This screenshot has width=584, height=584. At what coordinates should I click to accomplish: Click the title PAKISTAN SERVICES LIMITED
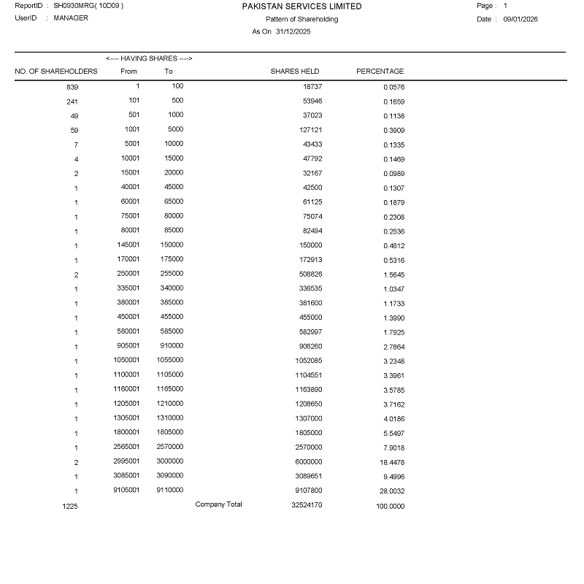(x=301, y=7)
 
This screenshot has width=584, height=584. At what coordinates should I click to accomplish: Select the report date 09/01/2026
(x=520, y=20)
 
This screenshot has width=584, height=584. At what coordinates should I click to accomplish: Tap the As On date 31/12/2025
(x=293, y=31)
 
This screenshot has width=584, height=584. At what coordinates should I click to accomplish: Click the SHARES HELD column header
(x=295, y=72)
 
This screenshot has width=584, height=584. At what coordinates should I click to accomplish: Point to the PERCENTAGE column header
(x=380, y=72)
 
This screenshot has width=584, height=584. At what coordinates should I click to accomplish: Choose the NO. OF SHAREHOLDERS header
(x=56, y=72)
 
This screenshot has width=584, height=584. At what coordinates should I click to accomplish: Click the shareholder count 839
(x=72, y=87)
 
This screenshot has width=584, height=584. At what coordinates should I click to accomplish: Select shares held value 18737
(x=312, y=87)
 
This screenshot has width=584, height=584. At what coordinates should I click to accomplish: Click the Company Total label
(x=218, y=504)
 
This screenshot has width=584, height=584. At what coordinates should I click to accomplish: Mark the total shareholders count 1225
(x=70, y=506)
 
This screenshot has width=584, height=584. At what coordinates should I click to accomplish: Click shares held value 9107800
(x=309, y=491)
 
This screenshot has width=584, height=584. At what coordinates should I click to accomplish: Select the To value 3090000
(x=170, y=476)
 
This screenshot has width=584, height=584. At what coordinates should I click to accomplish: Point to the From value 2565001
(x=126, y=447)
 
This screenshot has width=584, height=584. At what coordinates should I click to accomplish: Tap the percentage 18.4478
(x=391, y=462)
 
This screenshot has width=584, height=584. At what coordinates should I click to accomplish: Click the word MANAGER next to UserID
(x=71, y=18)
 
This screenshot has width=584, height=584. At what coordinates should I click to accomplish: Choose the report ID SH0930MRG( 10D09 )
(x=88, y=6)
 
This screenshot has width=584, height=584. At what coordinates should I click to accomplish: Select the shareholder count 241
(x=72, y=101)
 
